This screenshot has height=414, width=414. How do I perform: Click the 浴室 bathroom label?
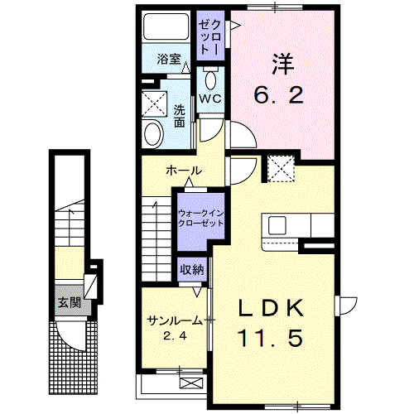tap(169, 60)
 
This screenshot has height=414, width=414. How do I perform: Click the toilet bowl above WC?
tap(209, 80)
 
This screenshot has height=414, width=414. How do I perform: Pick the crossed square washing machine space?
tap(154, 103)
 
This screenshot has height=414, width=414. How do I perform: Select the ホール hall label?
tap(182, 171)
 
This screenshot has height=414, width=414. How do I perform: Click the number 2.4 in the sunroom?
tap(171, 336)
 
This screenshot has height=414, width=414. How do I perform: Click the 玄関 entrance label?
tap(69, 303)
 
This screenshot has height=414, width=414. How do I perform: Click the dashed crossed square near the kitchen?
tap(278, 171)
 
